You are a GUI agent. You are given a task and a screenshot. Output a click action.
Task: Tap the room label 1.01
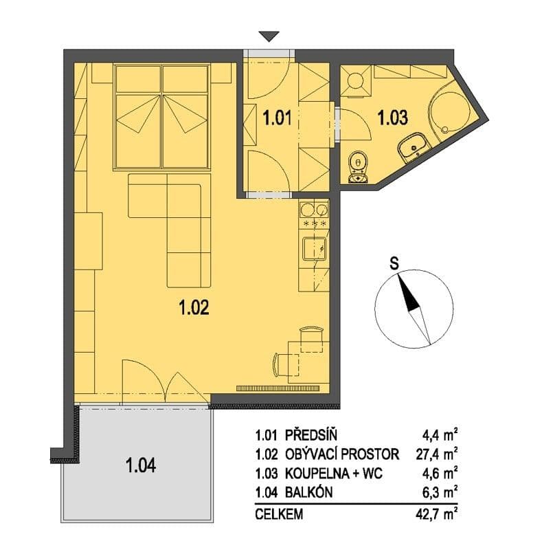(x=280, y=118)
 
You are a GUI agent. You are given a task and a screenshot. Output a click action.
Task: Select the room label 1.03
(x=392, y=118)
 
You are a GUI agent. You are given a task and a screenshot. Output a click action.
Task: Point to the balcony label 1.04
(x=140, y=465)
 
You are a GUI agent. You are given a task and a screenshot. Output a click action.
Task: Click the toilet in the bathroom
(x=357, y=167)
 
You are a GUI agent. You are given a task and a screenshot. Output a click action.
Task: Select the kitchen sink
(x=315, y=246)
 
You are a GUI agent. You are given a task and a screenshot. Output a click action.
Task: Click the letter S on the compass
(x=394, y=261)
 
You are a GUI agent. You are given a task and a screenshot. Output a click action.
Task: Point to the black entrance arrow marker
(x=269, y=37)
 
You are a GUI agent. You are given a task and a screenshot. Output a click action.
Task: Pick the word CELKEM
(x=279, y=514)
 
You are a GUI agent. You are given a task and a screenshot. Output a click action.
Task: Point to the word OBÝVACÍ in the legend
(x=313, y=454)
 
